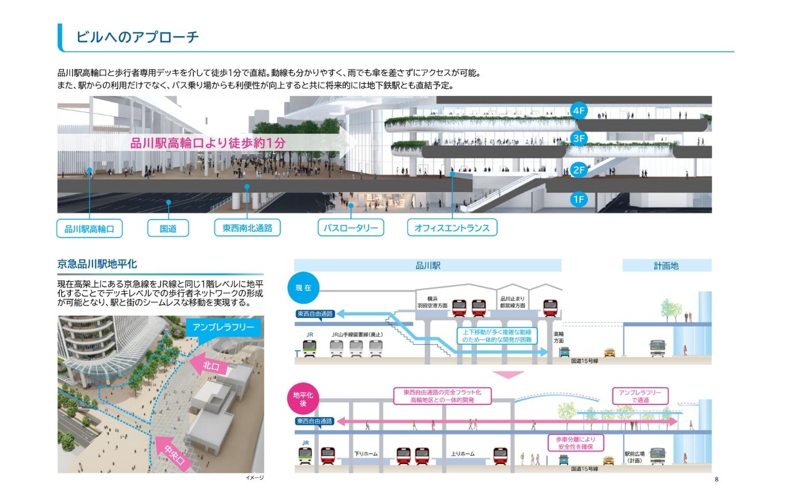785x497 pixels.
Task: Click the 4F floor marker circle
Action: (x=579, y=111)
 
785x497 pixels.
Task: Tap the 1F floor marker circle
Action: (x=579, y=200)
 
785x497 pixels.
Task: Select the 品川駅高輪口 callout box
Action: (x=90, y=229)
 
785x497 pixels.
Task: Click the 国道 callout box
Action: (x=168, y=228)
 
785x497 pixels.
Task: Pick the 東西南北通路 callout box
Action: (x=248, y=228)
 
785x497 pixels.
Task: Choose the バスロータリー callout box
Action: (x=351, y=228)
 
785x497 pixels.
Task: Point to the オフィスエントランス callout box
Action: (x=452, y=228)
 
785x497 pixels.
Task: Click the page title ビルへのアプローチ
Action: (x=137, y=37)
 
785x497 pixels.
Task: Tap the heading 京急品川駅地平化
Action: (x=97, y=264)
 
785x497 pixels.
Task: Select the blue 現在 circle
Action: (x=303, y=288)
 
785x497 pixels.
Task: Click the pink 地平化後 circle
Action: (x=303, y=399)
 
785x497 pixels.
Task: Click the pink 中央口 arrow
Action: (x=174, y=454)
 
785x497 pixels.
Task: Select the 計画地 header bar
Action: (x=667, y=266)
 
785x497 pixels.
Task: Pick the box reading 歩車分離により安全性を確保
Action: (x=575, y=443)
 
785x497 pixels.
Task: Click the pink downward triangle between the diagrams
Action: (x=508, y=374)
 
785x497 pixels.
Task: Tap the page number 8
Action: (x=717, y=479)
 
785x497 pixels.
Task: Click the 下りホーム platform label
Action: (x=365, y=453)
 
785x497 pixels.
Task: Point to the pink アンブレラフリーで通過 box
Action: (x=640, y=396)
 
